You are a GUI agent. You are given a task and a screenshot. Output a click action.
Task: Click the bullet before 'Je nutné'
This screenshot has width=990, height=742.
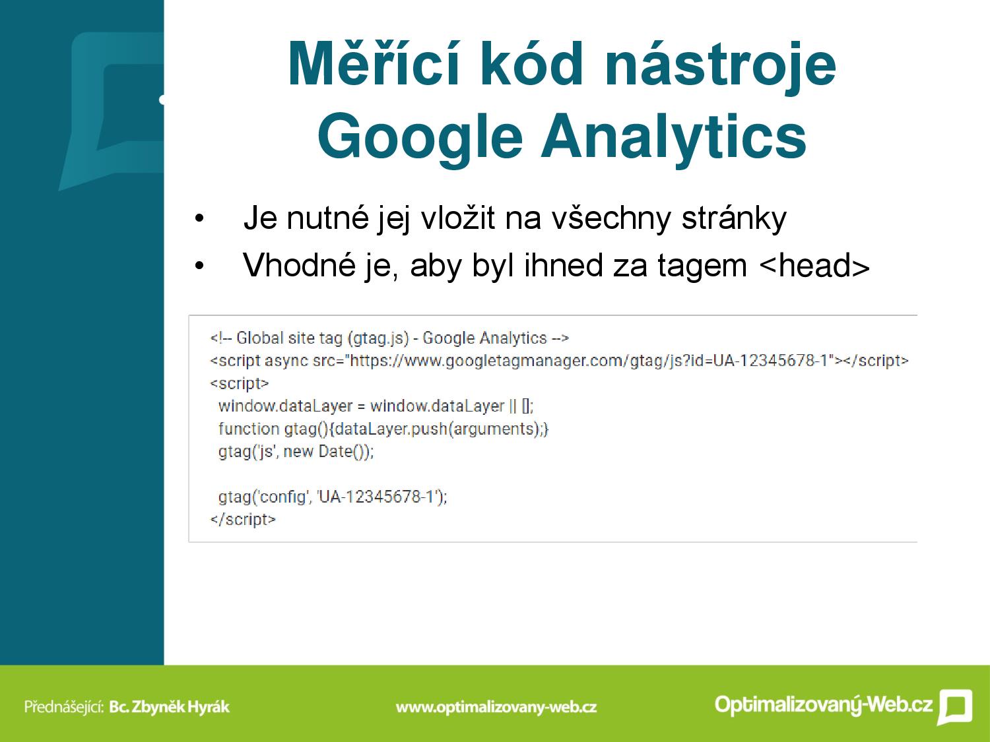click(199, 219)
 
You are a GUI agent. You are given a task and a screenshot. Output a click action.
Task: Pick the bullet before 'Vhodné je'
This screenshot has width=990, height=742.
click(199, 266)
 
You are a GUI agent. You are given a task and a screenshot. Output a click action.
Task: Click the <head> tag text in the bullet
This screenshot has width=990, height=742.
click(814, 266)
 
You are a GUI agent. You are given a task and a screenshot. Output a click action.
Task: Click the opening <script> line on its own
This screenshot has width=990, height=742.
click(240, 383)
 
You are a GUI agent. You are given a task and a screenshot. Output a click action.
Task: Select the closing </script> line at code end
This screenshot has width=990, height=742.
click(243, 520)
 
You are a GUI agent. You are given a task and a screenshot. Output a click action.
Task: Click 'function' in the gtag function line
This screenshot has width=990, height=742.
click(249, 429)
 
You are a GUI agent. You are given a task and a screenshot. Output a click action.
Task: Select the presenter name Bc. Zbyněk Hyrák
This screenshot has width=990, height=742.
click(170, 706)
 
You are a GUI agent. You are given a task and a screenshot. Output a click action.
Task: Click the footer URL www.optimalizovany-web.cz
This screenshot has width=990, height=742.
click(496, 707)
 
